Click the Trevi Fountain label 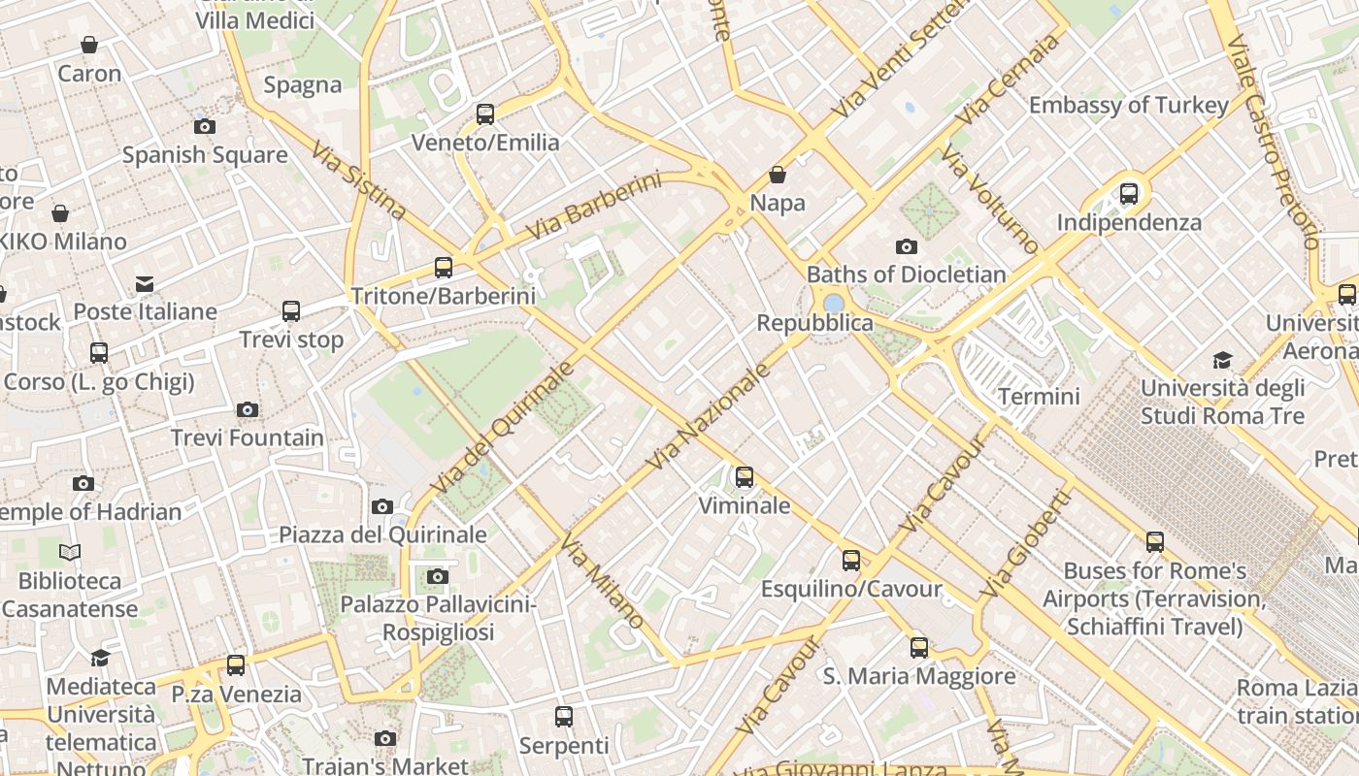(248, 437)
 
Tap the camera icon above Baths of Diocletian (907, 246)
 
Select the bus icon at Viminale (745, 477)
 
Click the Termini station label (1039, 396)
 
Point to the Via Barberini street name (593, 206)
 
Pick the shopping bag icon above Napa (778, 175)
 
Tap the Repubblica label (814, 322)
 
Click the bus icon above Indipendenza (1129, 194)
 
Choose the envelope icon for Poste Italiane (145, 283)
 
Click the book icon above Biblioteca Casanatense (70, 552)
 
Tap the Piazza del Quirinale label (382, 534)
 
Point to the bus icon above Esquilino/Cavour (851, 561)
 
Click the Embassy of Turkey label (1129, 105)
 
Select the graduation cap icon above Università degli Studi (1222, 360)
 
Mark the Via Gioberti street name (1026, 543)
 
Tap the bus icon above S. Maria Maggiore (919, 648)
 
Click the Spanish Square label (205, 154)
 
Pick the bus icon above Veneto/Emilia (485, 114)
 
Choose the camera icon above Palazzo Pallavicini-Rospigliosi (438, 577)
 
